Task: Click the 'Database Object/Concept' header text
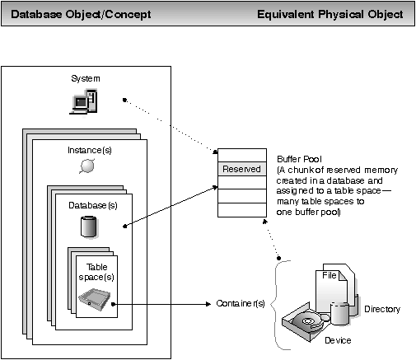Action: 81,14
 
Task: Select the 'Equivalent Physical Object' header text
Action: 330,14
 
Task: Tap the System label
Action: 86,78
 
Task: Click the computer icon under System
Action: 83,101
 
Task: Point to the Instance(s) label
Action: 90,150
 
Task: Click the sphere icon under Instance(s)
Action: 87,166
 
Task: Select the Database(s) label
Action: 93,205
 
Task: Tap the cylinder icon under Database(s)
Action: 89,227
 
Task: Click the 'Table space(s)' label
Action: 96,272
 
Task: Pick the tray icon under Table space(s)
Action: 95,299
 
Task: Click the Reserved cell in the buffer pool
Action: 242,169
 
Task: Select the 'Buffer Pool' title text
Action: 299,159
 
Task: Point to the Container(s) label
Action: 241,303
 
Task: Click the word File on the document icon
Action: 330,275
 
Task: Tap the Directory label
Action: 382,309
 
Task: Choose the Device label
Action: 338,340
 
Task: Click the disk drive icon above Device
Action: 306,322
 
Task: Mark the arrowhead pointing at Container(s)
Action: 208,304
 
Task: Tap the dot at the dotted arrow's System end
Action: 124,100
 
